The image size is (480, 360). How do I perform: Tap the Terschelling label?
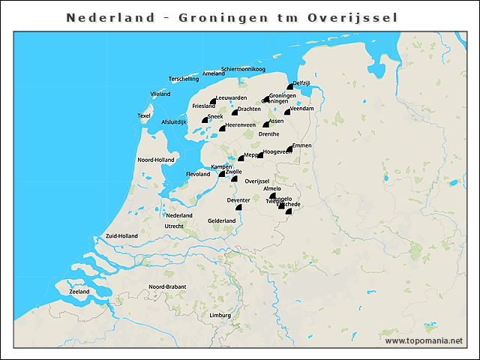tap(184, 79)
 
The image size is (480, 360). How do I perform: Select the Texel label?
tap(144, 115)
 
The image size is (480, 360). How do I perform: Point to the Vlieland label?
tap(160, 94)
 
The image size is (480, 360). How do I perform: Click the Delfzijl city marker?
tap(289, 88)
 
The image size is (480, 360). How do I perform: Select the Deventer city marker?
tap(238, 206)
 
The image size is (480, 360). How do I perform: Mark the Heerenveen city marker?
tap(222, 129)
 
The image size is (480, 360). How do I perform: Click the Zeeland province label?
tap(79, 291)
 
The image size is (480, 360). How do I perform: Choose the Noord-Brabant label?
tap(167, 287)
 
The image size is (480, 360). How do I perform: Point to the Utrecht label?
tap(174, 226)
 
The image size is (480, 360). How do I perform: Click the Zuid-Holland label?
tap(121, 235)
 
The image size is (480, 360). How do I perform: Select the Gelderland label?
tap(222, 220)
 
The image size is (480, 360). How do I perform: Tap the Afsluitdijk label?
tap(173, 121)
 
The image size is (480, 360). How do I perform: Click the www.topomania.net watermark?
tap(424, 340)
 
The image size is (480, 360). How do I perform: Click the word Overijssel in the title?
tap(352, 17)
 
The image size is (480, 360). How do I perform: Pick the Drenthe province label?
tap(268, 134)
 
